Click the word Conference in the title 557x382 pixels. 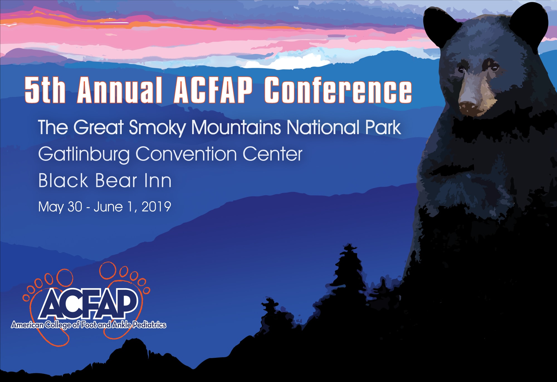pos(338,90)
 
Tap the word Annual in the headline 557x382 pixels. pos(120,90)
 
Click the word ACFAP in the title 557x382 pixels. pos(213,90)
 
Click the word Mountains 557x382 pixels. pos(236,127)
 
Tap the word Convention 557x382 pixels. pos(186,154)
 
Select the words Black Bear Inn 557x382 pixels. pos(105,180)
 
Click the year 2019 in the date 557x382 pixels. pos(156,207)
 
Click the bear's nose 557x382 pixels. pos(469,107)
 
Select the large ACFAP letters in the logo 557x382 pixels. pos(89,304)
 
